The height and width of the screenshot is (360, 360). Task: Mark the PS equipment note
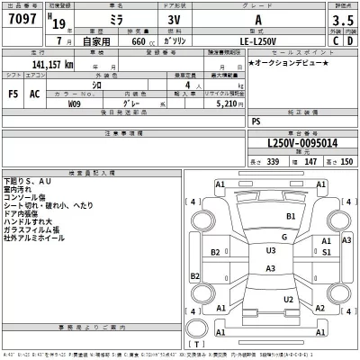pos(256,120)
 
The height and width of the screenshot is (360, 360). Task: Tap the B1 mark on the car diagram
pos(290,217)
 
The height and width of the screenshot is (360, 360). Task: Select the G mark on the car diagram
pos(283,237)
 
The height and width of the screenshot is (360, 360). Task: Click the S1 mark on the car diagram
pos(325,253)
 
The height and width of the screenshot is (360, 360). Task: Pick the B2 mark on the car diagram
pos(217,253)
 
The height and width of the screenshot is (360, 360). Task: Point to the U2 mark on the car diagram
pos(289,299)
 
